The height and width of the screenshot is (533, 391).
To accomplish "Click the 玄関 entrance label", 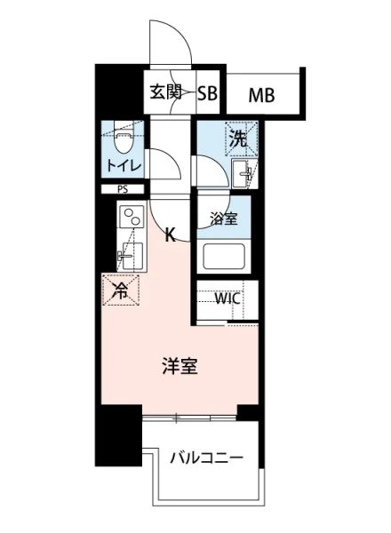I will [x=165, y=92].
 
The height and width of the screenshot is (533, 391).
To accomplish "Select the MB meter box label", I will [x=260, y=93].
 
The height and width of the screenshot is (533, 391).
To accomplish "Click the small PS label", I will [x=121, y=189].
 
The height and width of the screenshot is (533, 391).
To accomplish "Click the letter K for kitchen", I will [x=172, y=235].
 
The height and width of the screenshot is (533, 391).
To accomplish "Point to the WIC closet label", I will [x=227, y=298].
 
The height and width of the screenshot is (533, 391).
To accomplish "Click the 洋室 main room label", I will [x=179, y=366].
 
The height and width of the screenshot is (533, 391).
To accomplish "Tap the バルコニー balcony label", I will [x=206, y=458].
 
